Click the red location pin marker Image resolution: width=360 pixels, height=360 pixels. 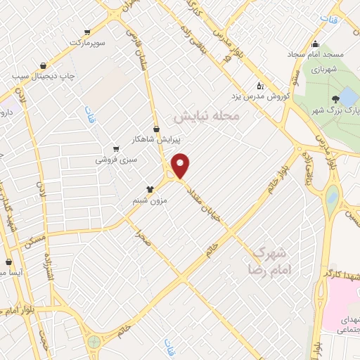(x=181, y=165)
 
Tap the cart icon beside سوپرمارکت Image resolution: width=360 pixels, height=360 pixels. (x=87, y=32)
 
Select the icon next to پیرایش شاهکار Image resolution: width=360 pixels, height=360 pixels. (x=156, y=128)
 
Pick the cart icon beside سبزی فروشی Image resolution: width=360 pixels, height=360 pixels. (x=115, y=148)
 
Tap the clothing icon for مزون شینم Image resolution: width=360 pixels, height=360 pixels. (x=150, y=188)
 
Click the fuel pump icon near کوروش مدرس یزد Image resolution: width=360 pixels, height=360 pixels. (x=260, y=84)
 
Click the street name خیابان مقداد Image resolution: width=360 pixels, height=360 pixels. (x=210, y=205)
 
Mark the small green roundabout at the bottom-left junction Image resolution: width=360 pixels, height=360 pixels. (x=93, y=342)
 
